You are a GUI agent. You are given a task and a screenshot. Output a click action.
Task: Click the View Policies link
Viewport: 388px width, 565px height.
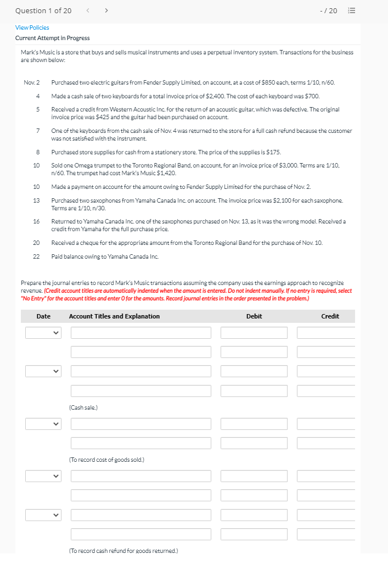[x=32, y=27]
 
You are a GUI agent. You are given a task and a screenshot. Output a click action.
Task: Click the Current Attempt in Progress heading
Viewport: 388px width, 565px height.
[x=52, y=38]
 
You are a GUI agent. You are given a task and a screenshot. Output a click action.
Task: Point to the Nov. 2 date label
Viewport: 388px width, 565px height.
[x=32, y=82]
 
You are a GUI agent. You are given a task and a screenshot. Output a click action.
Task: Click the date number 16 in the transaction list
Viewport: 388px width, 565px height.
[x=36, y=221]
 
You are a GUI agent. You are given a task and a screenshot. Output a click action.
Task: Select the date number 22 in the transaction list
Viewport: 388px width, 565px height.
[x=36, y=256]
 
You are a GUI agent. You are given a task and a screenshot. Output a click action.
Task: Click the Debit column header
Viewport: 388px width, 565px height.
[x=254, y=316]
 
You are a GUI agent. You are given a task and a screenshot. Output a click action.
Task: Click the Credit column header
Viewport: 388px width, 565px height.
[x=330, y=316]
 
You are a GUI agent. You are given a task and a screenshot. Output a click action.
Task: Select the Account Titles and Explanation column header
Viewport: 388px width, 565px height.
[x=114, y=316]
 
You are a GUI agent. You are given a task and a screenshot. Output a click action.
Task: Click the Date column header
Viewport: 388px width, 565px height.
[x=43, y=316]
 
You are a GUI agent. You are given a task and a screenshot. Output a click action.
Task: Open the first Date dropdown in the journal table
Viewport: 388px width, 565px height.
[x=43, y=333]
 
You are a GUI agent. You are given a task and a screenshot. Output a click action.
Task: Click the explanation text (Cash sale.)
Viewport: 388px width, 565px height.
[x=83, y=407]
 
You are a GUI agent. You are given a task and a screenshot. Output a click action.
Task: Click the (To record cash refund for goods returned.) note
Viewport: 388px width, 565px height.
[x=123, y=550]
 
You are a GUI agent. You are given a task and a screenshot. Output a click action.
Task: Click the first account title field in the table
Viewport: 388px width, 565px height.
[x=140, y=333]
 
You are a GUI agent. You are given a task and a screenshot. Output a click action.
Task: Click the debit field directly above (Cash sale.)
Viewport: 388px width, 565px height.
[x=254, y=391]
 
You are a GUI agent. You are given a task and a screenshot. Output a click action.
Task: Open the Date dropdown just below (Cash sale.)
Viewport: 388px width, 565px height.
[x=43, y=424]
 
